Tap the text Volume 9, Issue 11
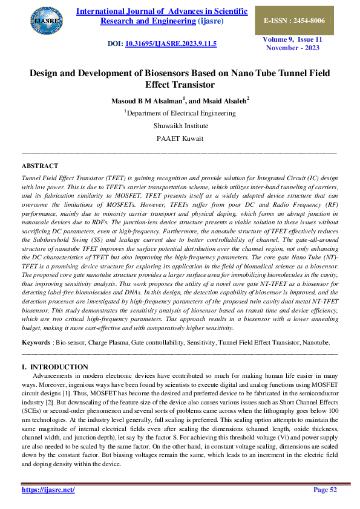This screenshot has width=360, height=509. pos(292,39)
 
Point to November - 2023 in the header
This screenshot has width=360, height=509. pos(292,47)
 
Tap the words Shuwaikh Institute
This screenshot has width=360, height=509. pos(180,125)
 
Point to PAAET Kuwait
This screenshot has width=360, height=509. pos(180,138)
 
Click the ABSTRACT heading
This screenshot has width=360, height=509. pos(40,166)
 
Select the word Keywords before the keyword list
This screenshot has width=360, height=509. pos(36,342)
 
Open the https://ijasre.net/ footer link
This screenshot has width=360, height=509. pos(48,490)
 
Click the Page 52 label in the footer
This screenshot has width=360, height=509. pos(325,490)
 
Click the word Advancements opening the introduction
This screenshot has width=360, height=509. pos(55,375)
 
